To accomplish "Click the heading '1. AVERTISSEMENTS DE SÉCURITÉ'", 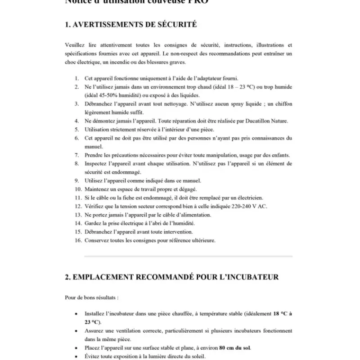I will click(x=131, y=25).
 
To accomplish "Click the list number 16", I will click(x=78, y=240).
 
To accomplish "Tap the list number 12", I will click(x=78, y=206).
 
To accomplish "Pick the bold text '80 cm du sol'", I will click(x=234, y=348).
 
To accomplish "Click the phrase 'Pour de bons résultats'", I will click(x=91, y=298).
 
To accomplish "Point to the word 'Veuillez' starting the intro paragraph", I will click(x=75, y=45).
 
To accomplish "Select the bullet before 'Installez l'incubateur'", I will click(x=75, y=314).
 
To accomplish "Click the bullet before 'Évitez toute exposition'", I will click(x=75, y=356).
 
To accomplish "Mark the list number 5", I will click(x=77, y=129).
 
